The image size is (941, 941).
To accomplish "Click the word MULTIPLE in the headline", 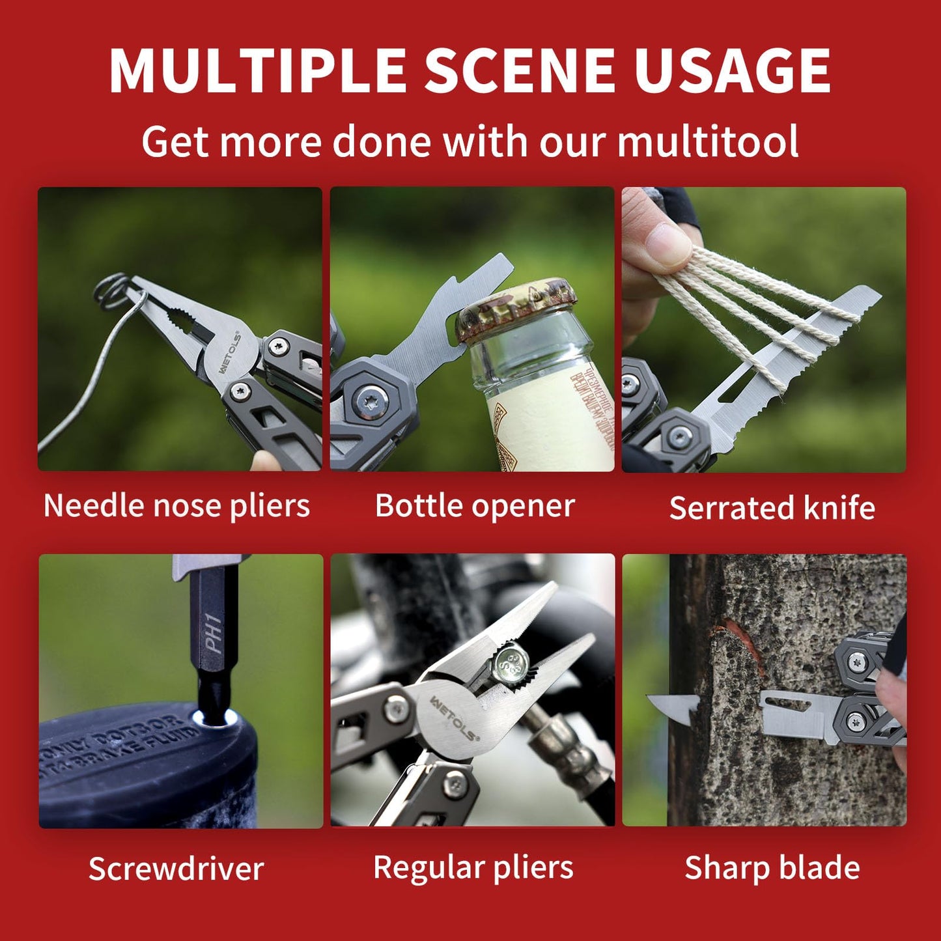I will (x=258, y=70).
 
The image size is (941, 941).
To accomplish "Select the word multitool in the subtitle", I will (x=708, y=141).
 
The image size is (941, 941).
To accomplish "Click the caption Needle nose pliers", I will (x=176, y=506).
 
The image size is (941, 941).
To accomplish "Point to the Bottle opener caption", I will (x=475, y=506).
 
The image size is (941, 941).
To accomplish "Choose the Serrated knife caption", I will (x=772, y=509).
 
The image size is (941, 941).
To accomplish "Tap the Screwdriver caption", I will (x=176, y=869).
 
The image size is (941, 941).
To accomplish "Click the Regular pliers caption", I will (x=473, y=867).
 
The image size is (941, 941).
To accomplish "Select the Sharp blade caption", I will (x=772, y=867).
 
